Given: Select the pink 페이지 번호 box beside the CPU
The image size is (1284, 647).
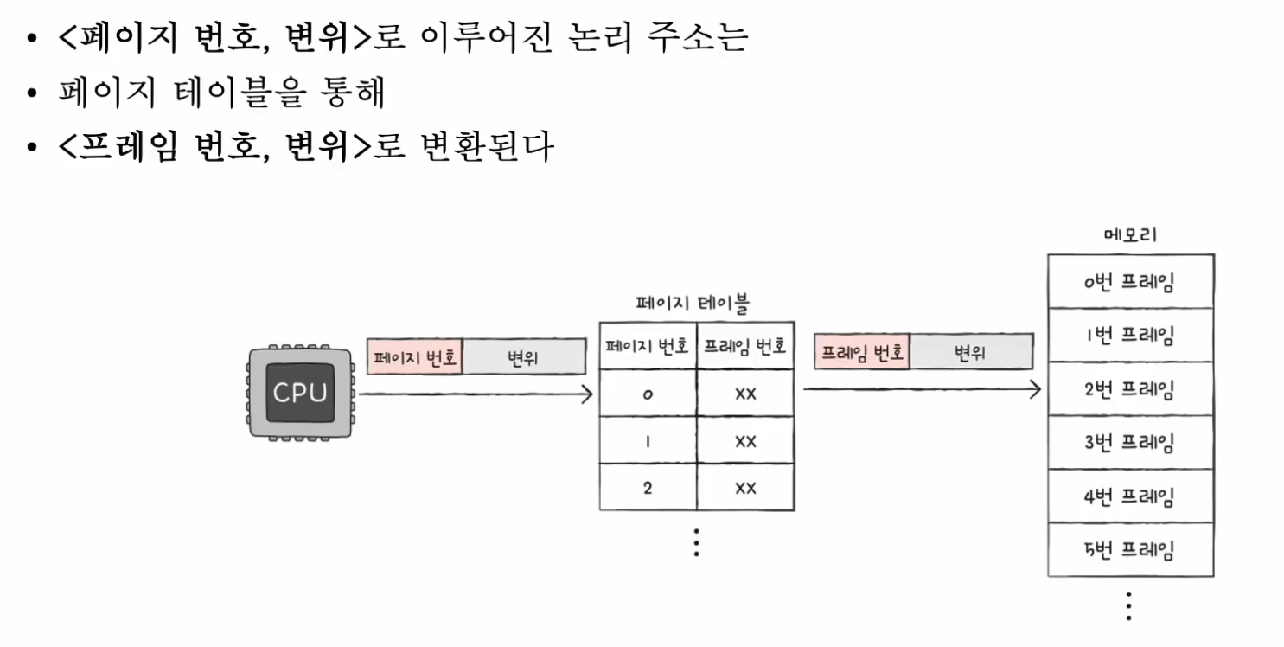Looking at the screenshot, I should [415, 357].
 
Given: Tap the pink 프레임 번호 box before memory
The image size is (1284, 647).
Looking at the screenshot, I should [862, 352].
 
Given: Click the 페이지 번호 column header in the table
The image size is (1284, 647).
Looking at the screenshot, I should [648, 347].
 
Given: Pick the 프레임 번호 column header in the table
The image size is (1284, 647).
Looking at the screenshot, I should [744, 347].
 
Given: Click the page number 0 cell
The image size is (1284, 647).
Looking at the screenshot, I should [648, 394].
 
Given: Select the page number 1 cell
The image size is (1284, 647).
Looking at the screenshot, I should [648, 441].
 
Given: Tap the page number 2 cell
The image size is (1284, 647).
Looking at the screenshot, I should [648, 488].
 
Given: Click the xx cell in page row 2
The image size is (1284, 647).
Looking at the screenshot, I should [744, 488].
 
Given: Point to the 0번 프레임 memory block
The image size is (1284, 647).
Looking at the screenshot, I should [1130, 282].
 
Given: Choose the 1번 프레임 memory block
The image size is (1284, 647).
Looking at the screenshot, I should [1130, 336].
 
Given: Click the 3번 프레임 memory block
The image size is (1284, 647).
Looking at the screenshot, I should [1130, 443].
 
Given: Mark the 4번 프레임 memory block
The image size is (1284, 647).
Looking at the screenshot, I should [1130, 496].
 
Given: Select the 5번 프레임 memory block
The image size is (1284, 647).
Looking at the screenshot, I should [1130, 549].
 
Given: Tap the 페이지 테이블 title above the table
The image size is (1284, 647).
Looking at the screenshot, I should [693, 304].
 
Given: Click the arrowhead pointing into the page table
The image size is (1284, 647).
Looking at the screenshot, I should [587, 394].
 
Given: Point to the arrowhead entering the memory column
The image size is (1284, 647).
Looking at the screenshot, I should [1035, 389].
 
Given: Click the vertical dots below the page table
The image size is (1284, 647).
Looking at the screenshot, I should [696, 541].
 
